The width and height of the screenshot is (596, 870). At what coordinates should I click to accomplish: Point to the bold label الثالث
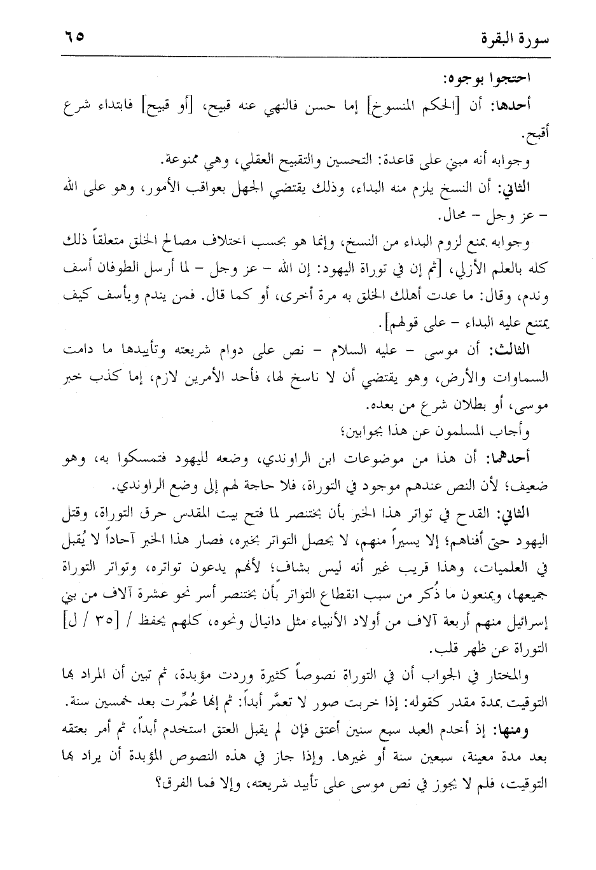click(507, 351)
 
